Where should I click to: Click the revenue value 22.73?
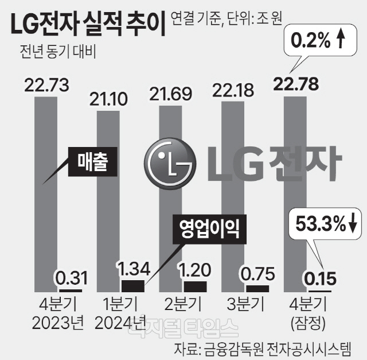(47, 86)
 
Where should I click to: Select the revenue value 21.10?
(109, 99)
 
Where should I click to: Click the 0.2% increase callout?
(317, 41)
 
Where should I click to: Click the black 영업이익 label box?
(205, 229)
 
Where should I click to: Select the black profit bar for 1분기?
(133, 285)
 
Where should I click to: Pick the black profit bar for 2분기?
(195, 286)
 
